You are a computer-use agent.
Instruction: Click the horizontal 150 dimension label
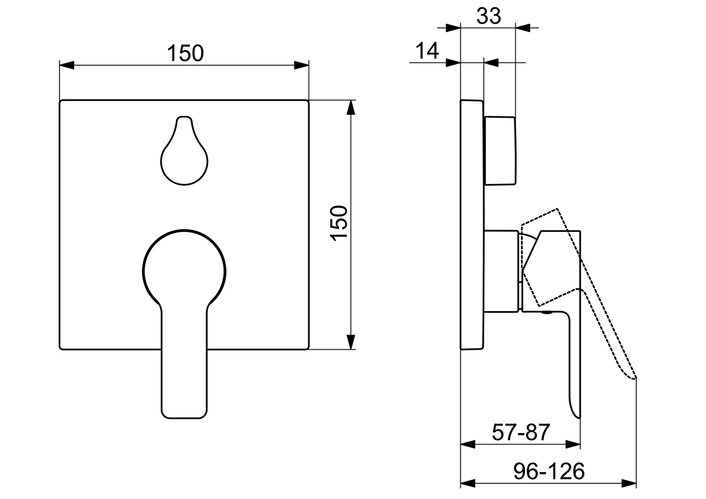click(185, 53)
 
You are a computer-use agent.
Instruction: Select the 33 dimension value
click(488, 16)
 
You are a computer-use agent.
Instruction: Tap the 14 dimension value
click(427, 50)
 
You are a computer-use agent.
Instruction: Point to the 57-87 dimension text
click(521, 432)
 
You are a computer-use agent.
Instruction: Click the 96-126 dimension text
click(549, 472)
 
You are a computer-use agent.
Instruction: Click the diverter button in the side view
click(499, 151)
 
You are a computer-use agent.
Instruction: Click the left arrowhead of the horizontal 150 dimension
click(67, 65)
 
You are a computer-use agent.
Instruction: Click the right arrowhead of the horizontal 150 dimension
click(302, 65)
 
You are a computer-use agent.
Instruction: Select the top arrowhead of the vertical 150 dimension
click(351, 108)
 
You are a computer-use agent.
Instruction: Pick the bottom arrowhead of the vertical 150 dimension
click(351, 342)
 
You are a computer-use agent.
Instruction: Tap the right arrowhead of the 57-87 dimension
click(573, 444)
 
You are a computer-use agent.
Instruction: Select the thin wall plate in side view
click(472, 225)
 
